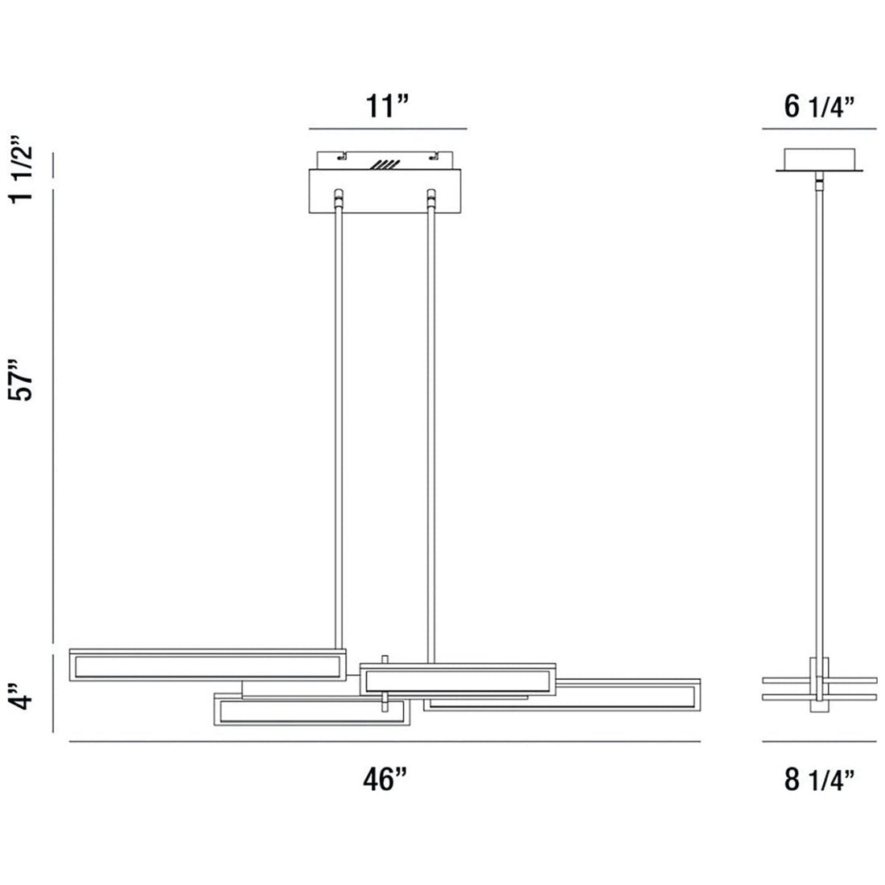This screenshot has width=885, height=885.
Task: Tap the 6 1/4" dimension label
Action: (819, 106)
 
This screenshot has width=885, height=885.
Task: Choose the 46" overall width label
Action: (385, 779)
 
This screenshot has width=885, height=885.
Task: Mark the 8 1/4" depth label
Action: (819, 779)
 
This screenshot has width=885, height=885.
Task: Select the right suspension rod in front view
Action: (431, 426)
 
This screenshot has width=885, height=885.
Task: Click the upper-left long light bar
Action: (208, 665)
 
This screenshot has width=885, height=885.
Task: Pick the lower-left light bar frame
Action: (309, 711)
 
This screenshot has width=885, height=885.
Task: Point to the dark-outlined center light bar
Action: (457, 678)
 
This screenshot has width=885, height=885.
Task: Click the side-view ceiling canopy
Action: (819, 159)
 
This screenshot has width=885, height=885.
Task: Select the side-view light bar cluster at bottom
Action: (819, 685)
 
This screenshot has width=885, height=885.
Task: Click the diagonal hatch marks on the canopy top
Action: (385, 164)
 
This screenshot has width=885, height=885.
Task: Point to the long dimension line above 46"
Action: (385, 741)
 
